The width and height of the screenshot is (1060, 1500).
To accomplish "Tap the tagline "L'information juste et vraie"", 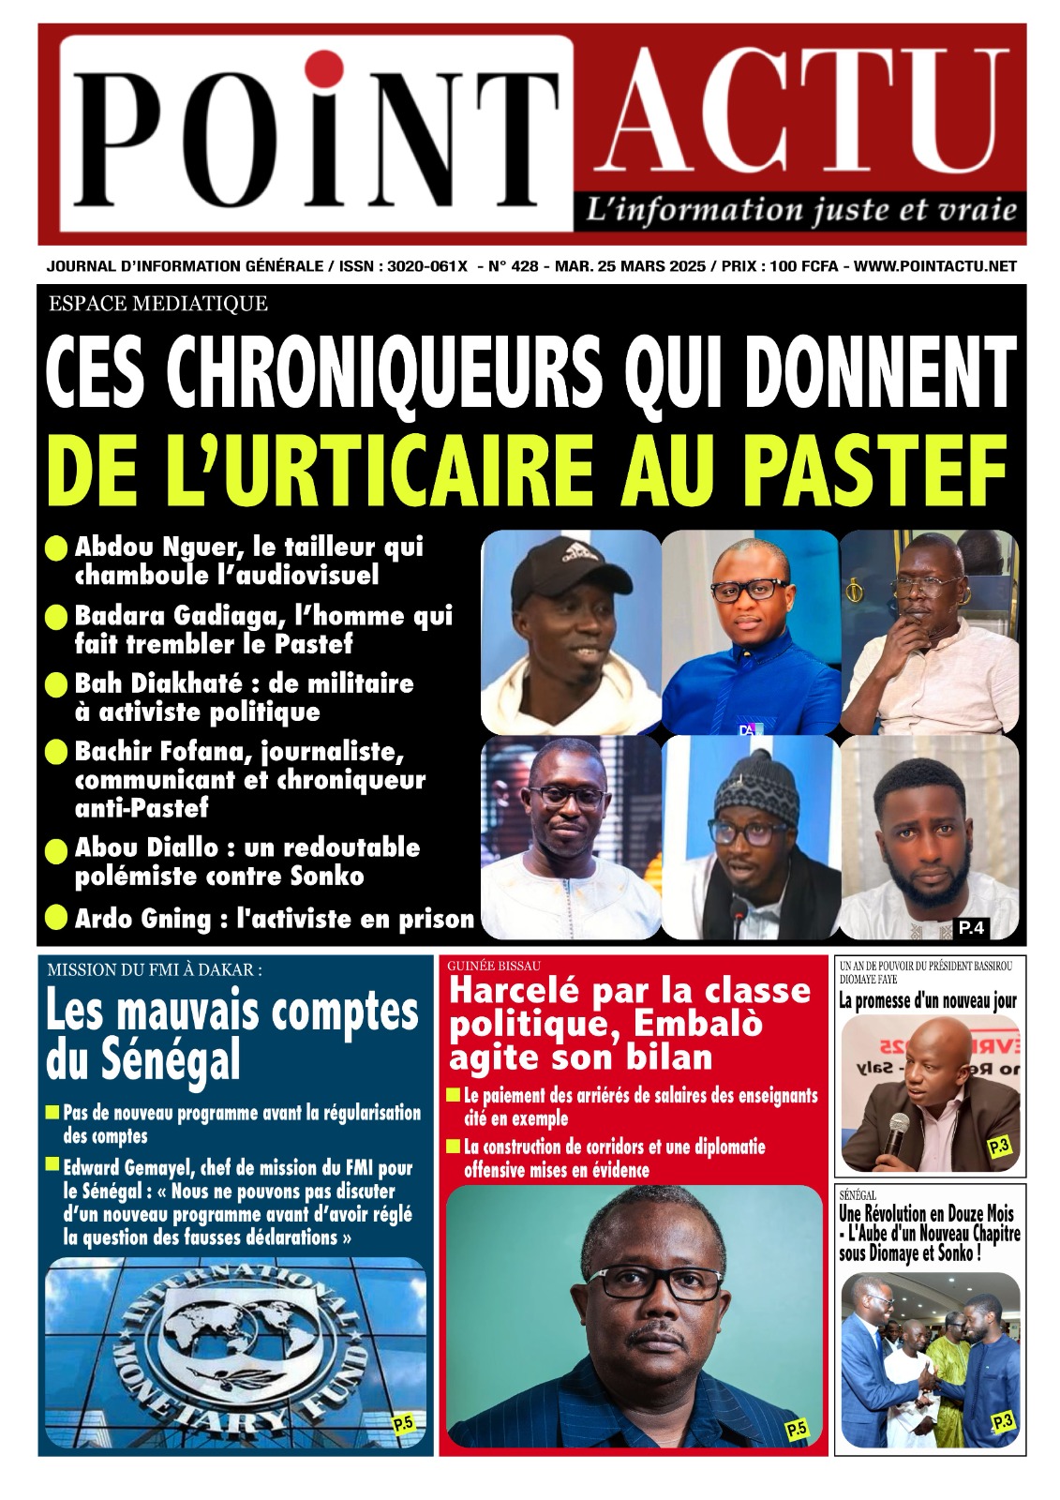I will (800, 209).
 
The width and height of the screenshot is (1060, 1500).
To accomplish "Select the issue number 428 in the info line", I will (525, 266).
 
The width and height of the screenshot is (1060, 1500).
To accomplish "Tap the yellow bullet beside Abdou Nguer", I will (57, 548).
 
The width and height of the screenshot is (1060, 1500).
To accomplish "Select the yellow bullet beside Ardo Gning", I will (57, 918).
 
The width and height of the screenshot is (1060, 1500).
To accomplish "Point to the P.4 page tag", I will (970, 927).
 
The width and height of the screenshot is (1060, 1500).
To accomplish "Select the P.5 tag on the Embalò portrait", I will (796, 1430).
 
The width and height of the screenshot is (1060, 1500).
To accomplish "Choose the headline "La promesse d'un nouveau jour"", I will (927, 1000).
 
